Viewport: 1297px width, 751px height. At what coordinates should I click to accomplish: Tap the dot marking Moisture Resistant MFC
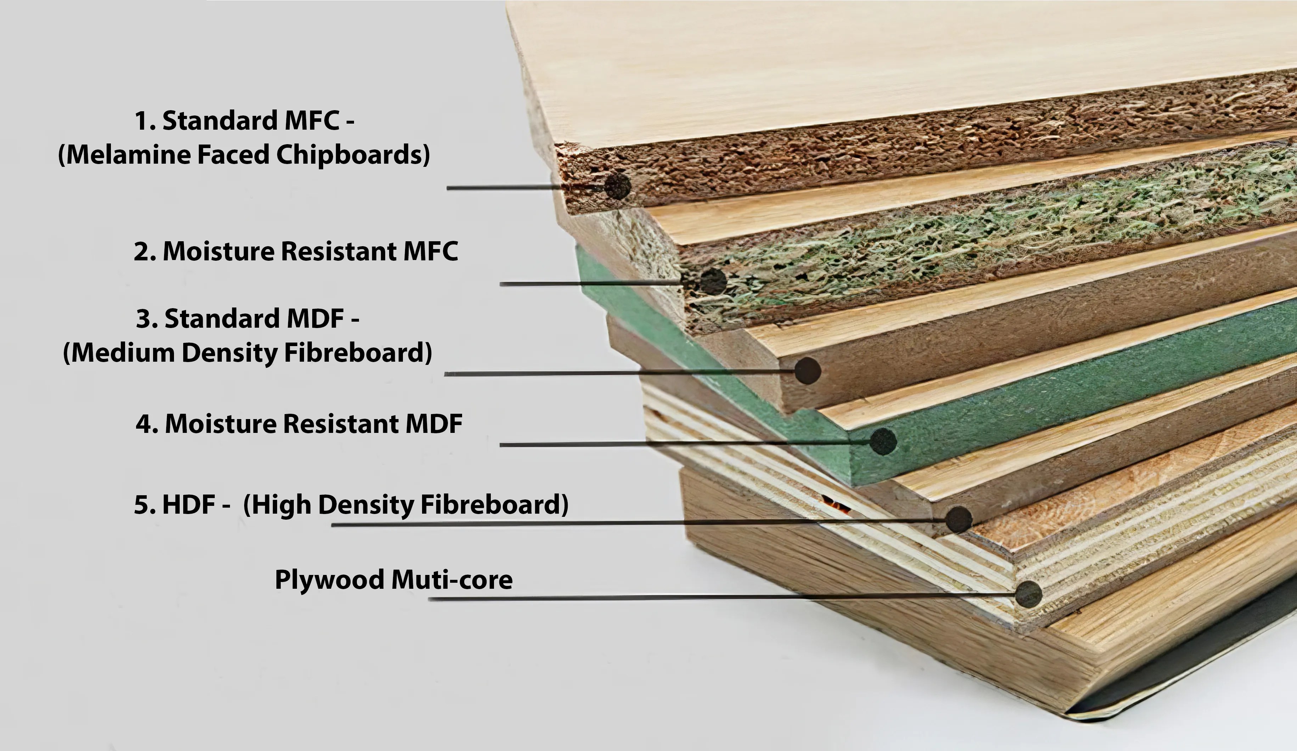[x=713, y=281]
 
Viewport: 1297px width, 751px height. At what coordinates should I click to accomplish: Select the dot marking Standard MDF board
[x=807, y=370]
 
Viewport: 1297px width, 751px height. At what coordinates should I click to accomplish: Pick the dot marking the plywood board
[x=1028, y=594]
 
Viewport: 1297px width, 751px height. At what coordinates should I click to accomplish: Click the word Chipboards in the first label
[x=353, y=154]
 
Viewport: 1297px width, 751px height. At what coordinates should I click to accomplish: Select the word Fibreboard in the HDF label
[x=494, y=504]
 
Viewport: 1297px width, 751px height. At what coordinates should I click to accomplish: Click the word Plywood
[x=330, y=580]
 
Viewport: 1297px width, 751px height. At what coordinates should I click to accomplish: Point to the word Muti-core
[x=452, y=580]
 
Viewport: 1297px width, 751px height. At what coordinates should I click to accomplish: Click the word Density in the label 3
[x=229, y=353]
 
